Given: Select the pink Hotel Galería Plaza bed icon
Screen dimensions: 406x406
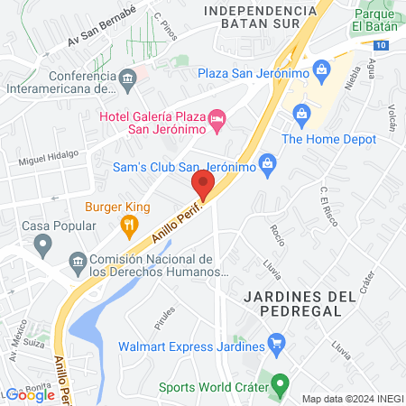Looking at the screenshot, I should pyautogui.click(x=217, y=119).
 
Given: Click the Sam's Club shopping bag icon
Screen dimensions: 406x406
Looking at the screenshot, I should pyautogui.click(x=266, y=164).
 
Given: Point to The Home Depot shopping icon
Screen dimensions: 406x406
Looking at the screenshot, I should pyautogui.click(x=301, y=114).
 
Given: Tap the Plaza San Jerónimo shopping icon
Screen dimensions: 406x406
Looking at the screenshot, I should pyautogui.click(x=321, y=71).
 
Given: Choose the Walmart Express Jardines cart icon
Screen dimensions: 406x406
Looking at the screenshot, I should pyautogui.click(x=277, y=343).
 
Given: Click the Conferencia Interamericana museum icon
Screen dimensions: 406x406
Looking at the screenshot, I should pyautogui.click(x=128, y=78).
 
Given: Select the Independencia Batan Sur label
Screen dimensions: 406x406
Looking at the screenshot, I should pyautogui.click(x=261, y=18).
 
